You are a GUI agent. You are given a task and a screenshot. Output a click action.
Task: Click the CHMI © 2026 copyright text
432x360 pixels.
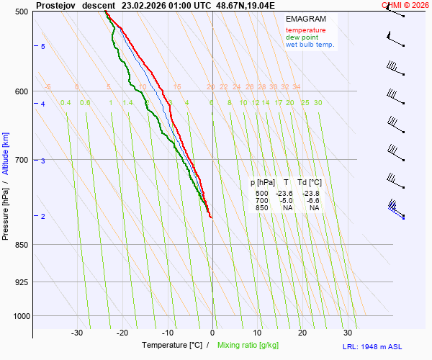tap(405, 4)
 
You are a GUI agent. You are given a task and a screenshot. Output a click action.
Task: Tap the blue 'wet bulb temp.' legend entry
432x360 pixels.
tap(310, 45)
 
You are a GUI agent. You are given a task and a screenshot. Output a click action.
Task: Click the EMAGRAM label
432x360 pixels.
tap(305, 19)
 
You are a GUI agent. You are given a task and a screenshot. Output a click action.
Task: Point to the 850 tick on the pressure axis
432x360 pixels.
tap(22, 245)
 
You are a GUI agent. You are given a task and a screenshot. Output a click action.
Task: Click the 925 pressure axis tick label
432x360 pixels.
tap(22, 282)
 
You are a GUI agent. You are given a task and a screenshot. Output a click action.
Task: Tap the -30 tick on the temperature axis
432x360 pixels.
tap(77, 333)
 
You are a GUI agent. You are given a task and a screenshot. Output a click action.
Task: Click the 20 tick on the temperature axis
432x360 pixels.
tap(302, 333)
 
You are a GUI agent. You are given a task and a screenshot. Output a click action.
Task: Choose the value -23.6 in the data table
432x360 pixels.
tap(284, 194)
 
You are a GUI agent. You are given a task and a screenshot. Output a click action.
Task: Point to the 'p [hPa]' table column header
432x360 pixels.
tap(263, 183)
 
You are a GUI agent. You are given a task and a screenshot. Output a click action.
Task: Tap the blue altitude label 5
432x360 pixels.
tap(43, 46)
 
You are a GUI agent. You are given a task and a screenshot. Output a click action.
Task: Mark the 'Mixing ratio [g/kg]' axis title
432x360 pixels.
tap(249, 346)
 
